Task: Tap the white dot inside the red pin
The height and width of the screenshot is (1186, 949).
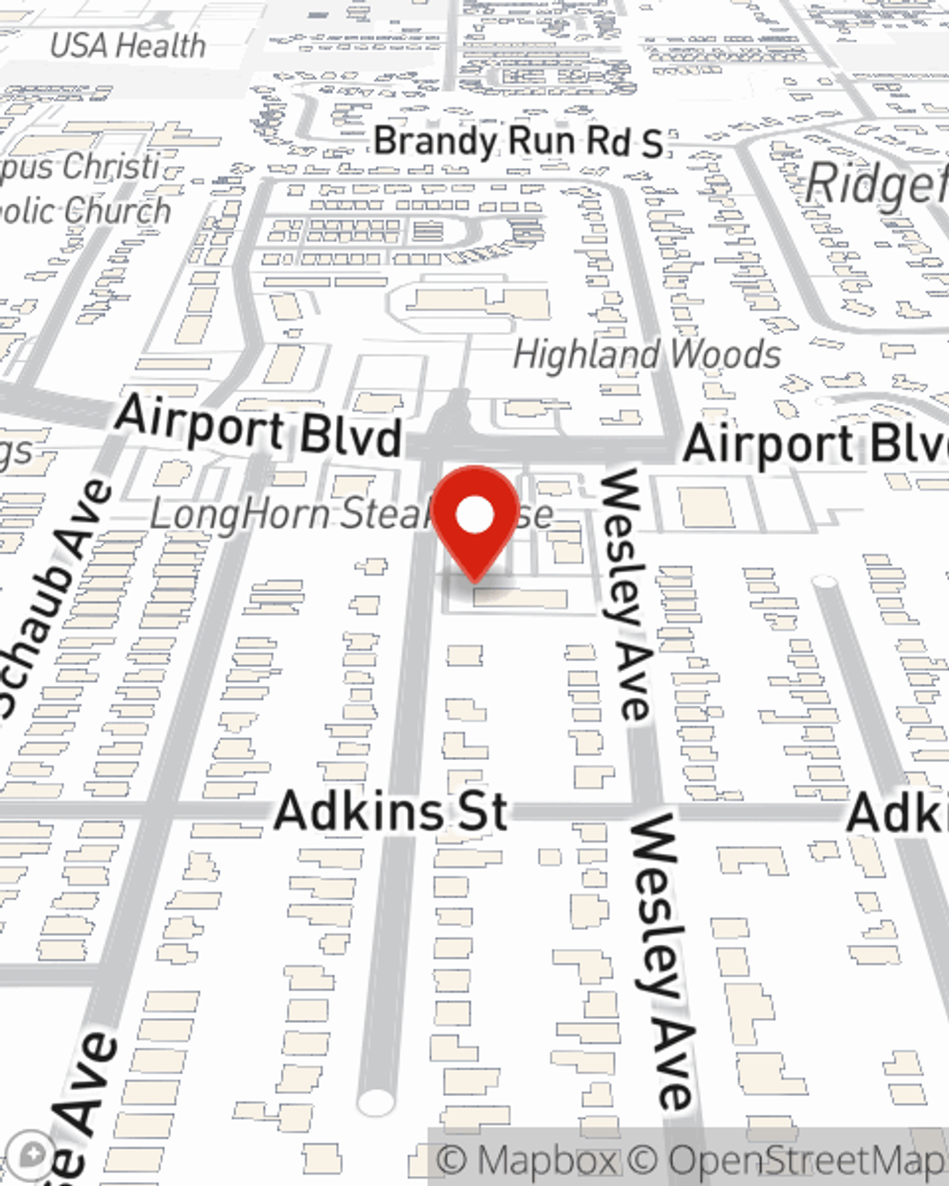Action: click(x=475, y=517)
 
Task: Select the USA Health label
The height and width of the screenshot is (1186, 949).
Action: click(x=127, y=46)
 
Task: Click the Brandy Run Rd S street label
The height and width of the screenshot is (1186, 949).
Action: click(x=517, y=142)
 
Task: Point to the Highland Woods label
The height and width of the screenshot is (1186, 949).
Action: click(x=646, y=355)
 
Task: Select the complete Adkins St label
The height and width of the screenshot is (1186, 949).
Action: click(x=391, y=812)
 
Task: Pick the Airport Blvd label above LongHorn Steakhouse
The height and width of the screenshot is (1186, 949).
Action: click(x=259, y=427)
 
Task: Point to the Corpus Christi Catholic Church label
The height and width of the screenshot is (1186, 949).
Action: click(x=85, y=189)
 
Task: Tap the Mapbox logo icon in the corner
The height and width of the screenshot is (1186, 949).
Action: click(x=32, y=1155)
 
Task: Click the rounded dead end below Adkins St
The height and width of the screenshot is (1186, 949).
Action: click(x=376, y=1103)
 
